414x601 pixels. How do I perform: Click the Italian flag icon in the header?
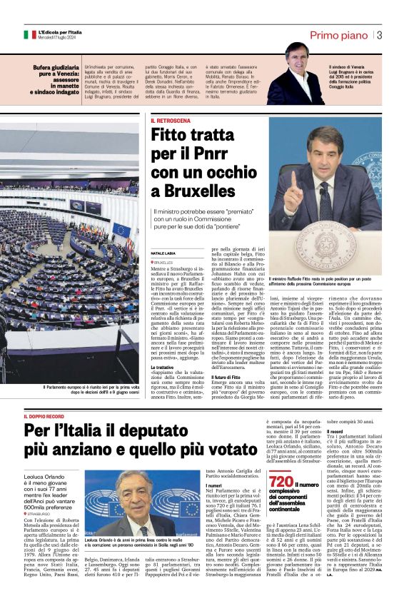[x=29, y=34]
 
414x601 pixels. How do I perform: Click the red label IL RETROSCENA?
[x=171, y=121]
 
